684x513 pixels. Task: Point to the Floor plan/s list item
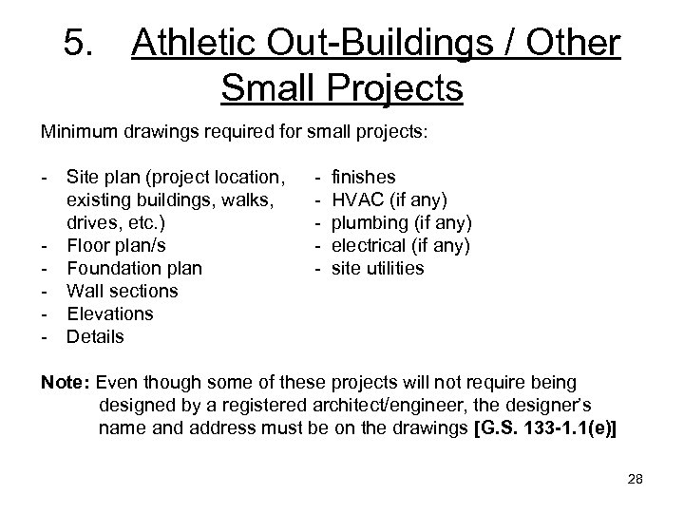[x=116, y=245]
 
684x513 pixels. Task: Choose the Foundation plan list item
[x=134, y=268]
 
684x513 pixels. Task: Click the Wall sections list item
[x=122, y=291]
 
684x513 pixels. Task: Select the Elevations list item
[x=110, y=313]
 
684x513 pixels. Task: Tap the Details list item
[x=95, y=336]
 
